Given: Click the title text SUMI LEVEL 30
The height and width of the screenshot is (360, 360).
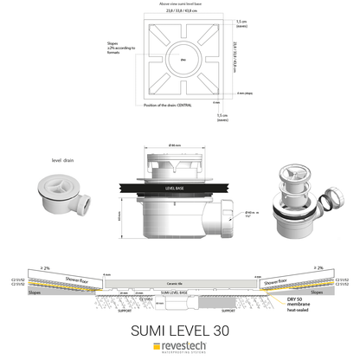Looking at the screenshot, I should [x=180, y=329].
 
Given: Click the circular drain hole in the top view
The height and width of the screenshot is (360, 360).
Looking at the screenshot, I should [x=183, y=60].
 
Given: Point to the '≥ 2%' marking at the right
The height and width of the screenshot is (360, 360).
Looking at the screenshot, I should [x=318, y=267].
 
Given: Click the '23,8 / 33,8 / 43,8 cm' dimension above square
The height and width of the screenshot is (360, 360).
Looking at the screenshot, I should [x=181, y=10].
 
